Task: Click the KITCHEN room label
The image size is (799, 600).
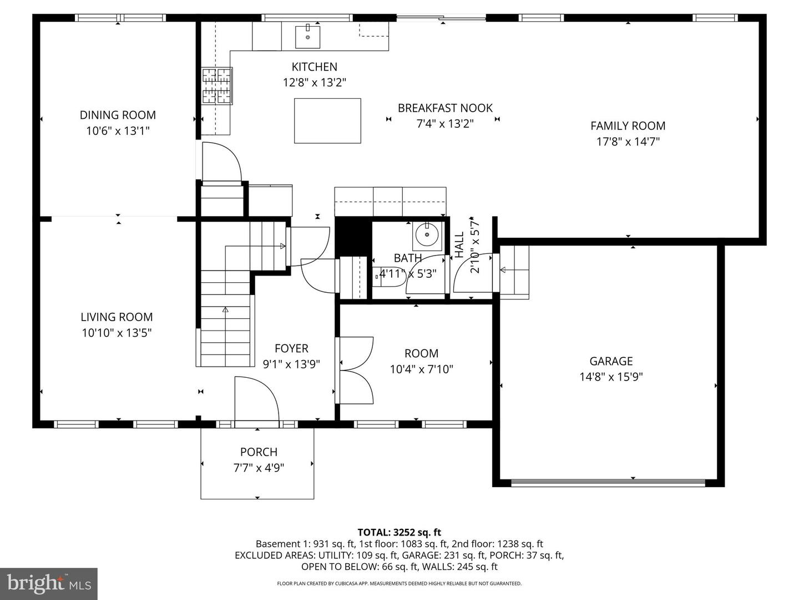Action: [314, 67]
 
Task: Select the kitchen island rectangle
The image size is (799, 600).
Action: [327, 121]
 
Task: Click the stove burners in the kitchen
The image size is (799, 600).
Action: [217, 86]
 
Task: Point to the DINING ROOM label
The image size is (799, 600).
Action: [118, 115]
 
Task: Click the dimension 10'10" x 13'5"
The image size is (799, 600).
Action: [117, 333]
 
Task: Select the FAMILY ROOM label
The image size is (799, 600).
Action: [628, 126]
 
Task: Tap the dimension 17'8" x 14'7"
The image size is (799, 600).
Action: [628, 142]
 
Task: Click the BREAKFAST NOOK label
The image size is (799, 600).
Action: [445, 108]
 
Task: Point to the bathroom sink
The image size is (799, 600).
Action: [427, 235]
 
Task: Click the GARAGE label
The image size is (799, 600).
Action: [611, 361]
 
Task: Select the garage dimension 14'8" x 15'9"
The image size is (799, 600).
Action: [611, 377]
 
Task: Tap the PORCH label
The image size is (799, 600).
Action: [259, 452]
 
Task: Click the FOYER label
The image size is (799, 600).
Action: [291, 348]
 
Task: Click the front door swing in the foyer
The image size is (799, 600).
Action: [256, 400]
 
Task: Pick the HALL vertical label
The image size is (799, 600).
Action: [459, 244]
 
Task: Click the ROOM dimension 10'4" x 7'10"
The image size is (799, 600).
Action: [421, 369]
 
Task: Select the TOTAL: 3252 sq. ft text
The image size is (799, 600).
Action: [399, 532]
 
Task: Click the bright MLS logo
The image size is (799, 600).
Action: [49, 583]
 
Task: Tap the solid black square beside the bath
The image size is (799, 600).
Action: [352, 236]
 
